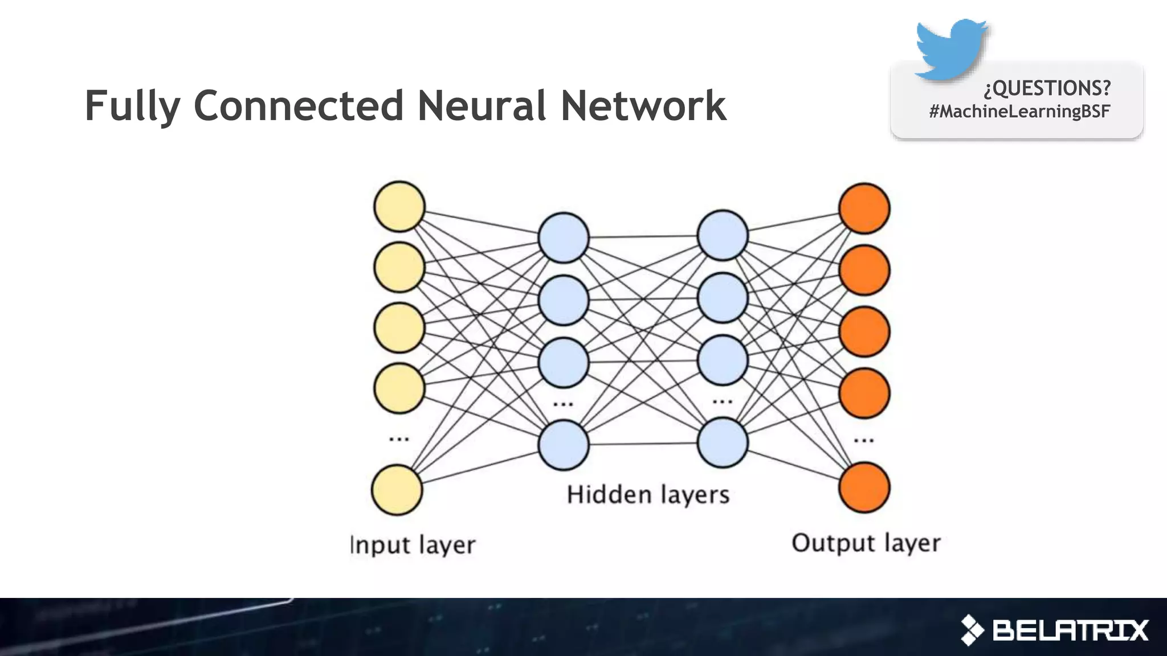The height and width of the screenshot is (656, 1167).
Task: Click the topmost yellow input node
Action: coord(399,206)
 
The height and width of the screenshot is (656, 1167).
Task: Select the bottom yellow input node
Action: coord(397,490)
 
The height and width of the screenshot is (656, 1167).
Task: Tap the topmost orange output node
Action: coord(864,208)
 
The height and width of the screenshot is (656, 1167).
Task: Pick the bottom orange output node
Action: coord(864,487)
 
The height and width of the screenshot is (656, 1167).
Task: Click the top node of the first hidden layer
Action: coord(564,237)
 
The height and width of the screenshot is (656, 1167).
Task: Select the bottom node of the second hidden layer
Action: coord(723,442)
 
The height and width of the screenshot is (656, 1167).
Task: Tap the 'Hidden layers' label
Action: coord(648,495)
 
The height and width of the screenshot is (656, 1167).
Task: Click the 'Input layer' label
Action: coord(413,545)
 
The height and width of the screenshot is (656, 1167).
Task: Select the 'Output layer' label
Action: coord(866,543)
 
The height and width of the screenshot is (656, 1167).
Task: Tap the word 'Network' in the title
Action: coord(643,106)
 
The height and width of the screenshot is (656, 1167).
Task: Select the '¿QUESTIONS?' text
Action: coord(1047,88)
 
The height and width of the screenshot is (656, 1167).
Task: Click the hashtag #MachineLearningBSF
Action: coord(1019,111)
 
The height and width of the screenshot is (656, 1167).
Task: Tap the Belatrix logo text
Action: coord(1070,630)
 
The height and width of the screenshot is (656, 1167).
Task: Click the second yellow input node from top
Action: coord(399,267)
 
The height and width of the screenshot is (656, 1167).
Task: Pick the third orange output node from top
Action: coord(864,331)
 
